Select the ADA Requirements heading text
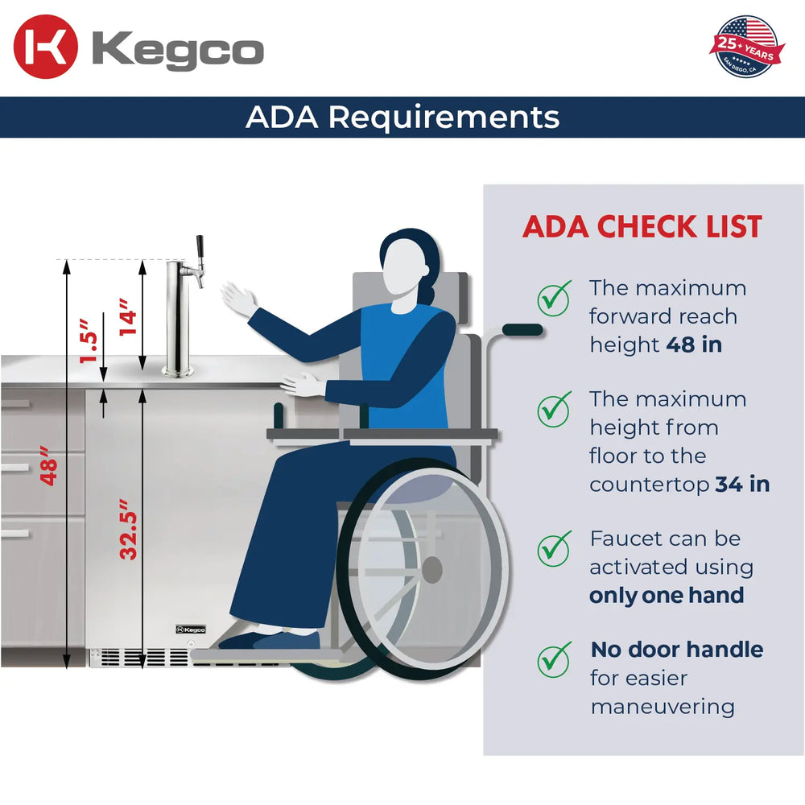click(402, 118)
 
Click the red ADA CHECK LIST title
click(642, 227)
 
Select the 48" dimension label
click(50, 471)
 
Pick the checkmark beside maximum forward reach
click(554, 298)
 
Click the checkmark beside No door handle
click(554, 660)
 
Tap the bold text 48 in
click(694, 345)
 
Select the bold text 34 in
click(742, 485)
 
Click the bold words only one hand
click(666, 596)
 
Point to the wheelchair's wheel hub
click(432, 570)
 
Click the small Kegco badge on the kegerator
click(191, 630)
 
